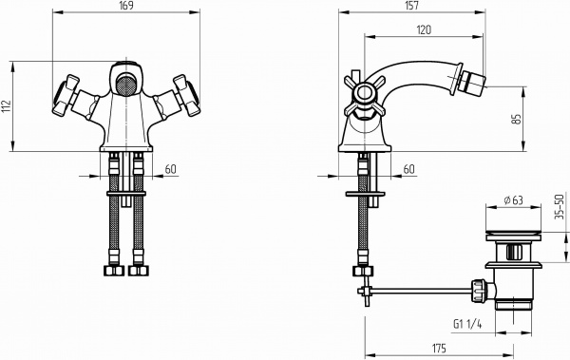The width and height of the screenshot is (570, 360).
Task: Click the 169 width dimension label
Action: coord(126,6)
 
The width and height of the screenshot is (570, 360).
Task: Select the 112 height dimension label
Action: coord(6,106)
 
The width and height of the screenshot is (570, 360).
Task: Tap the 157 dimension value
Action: coord(411,6)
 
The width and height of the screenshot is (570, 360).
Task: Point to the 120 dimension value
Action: coord(424,29)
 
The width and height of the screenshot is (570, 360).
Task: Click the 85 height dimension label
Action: coord(516,120)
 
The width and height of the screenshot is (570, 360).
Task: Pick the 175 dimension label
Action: coord(439,349)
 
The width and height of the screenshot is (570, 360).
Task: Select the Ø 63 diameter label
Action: coord(513,200)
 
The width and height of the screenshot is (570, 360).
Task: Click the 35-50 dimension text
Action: coord(560,206)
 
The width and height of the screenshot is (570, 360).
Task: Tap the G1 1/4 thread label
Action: coord(467,324)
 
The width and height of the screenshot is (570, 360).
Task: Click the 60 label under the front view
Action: coord(170,169)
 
